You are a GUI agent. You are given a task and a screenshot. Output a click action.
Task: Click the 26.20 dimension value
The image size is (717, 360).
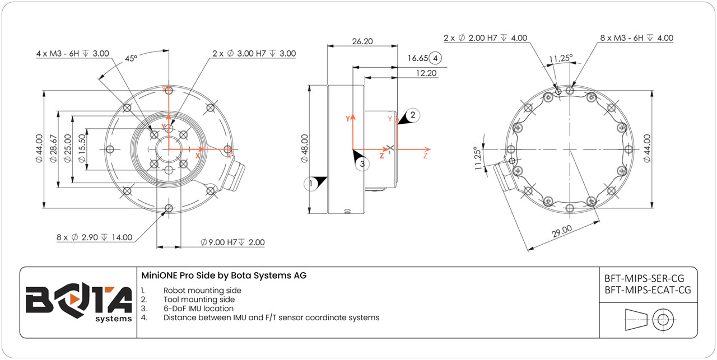[363, 41]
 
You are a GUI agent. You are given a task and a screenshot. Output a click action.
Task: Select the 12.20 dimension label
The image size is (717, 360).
[426, 73]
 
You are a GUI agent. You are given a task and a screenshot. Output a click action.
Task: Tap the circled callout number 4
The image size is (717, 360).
[436, 58]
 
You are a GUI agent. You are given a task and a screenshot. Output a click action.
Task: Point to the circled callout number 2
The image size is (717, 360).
[413, 115]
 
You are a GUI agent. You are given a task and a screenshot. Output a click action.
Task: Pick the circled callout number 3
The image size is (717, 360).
[362, 164]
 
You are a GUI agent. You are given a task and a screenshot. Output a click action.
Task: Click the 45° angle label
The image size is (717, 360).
[131, 58]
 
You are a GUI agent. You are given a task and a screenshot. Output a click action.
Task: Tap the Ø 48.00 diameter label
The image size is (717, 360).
[305, 148]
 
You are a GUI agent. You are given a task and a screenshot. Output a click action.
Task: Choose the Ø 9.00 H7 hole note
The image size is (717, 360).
[232, 242]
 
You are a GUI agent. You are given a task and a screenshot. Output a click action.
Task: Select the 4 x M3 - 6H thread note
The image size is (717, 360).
[72, 54]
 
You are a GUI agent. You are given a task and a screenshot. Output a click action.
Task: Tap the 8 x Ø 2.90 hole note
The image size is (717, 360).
[94, 237]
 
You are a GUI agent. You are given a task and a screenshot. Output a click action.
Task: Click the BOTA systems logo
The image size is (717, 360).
[78, 303]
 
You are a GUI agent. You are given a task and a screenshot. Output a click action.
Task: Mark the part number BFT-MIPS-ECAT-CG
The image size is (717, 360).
[648, 289]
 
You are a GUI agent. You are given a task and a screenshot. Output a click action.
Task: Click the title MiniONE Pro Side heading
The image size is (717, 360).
[224, 275]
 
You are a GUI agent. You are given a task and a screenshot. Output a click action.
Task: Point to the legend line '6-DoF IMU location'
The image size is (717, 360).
[198, 308]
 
